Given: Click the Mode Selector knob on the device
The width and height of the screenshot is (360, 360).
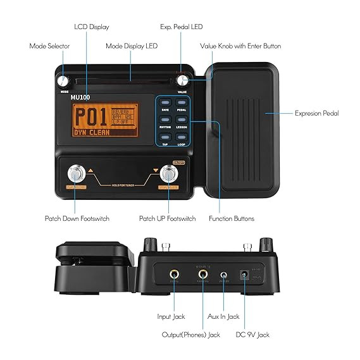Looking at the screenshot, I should [x=63, y=82].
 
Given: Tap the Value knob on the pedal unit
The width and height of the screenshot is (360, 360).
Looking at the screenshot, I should [x=183, y=81].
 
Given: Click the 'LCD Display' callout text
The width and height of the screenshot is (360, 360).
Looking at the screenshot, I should [x=92, y=27].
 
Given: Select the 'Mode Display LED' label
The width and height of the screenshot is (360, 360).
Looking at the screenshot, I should [x=132, y=46].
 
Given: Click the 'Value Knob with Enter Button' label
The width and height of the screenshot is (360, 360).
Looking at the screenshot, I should [x=240, y=46].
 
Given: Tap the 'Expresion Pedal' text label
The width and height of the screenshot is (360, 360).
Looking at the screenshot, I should [x=316, y=113].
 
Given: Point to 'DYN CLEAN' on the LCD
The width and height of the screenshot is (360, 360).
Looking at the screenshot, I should [x=90, y=133].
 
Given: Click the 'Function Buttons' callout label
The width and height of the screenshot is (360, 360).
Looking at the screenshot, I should [x=232, y=218].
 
